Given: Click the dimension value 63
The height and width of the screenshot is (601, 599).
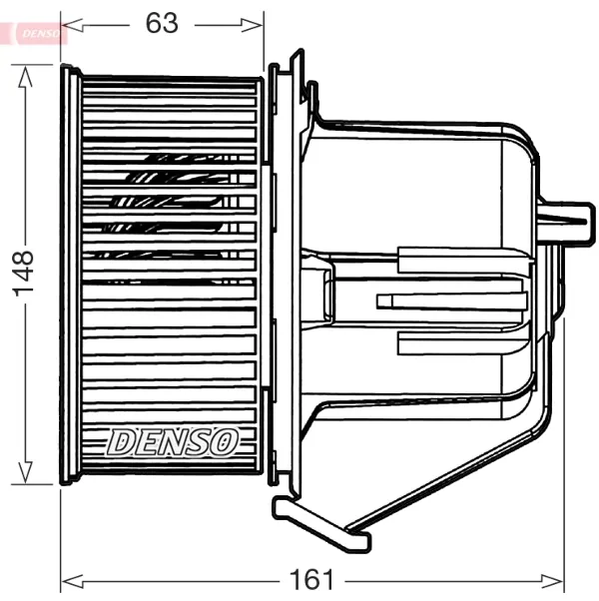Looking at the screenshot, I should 162,23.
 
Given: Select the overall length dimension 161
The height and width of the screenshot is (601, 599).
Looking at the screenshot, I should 312,580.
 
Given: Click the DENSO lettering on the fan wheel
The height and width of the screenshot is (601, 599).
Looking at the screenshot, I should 173,441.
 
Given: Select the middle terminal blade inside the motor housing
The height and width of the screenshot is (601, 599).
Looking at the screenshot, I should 449,300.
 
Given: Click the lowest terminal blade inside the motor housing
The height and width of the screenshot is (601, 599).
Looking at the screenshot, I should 459,343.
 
